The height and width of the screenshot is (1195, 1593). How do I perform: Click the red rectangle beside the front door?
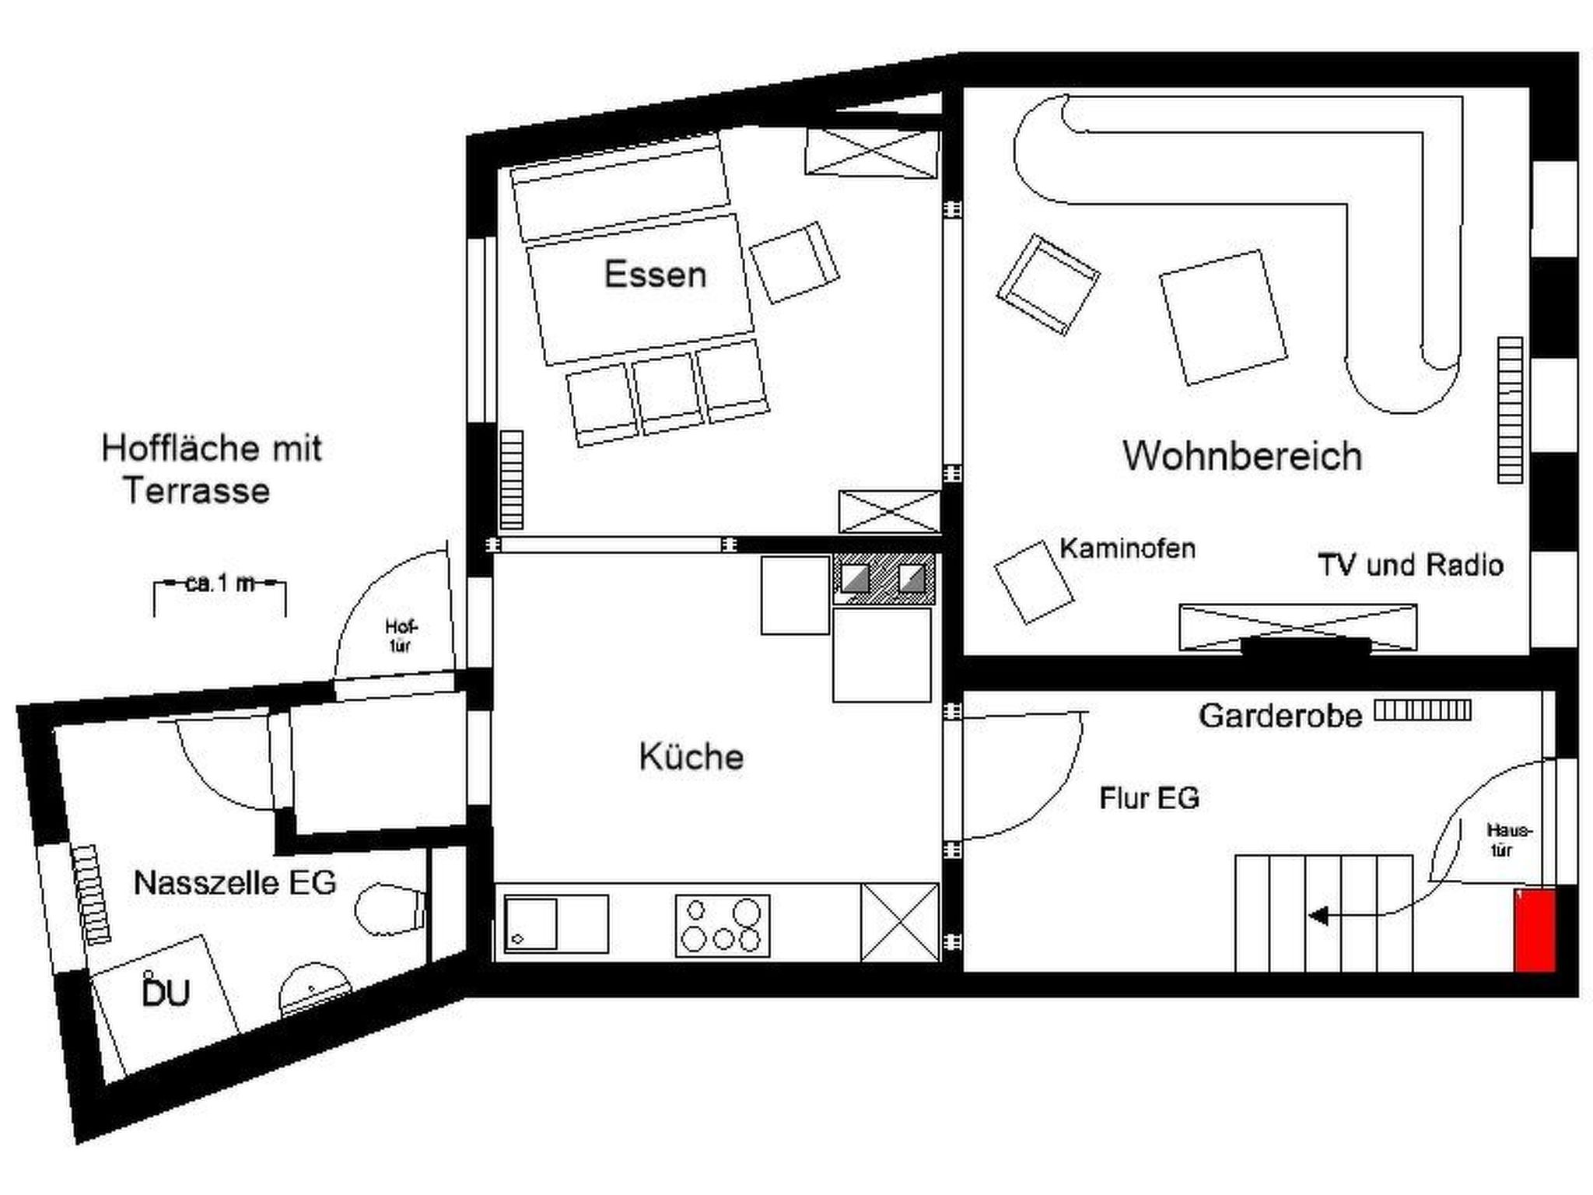tap(1534, 930)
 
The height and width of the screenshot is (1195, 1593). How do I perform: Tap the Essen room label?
tap(655, 275)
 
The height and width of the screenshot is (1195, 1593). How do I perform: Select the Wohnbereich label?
tap(1242, 456)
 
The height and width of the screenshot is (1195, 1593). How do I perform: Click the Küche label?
tap(691, 757)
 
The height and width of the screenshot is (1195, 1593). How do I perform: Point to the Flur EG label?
tap(1149, 798)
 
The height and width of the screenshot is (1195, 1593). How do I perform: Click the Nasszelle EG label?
tap(235, 883)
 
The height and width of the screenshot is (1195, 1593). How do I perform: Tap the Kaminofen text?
tap(1127, 548)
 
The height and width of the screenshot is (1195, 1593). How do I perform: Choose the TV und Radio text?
tap(1410, 565)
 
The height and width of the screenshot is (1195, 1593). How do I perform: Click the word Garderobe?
tap(1280, 716)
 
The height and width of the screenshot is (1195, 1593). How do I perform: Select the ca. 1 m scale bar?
tap(220, 585)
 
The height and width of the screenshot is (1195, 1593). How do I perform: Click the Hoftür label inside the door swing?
tap(401, 636)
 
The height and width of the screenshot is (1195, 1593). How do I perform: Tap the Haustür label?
tap(1508, 840)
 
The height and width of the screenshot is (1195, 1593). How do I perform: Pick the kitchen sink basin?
tap(530, 924)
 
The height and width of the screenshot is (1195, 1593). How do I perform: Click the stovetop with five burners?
tap(723, 925)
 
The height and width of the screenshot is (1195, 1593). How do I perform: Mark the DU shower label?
tap(166, 993)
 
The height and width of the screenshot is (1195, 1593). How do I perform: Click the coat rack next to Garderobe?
tap(1423, 710)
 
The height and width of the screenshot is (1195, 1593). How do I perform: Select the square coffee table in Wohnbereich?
tap(1222, 317)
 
